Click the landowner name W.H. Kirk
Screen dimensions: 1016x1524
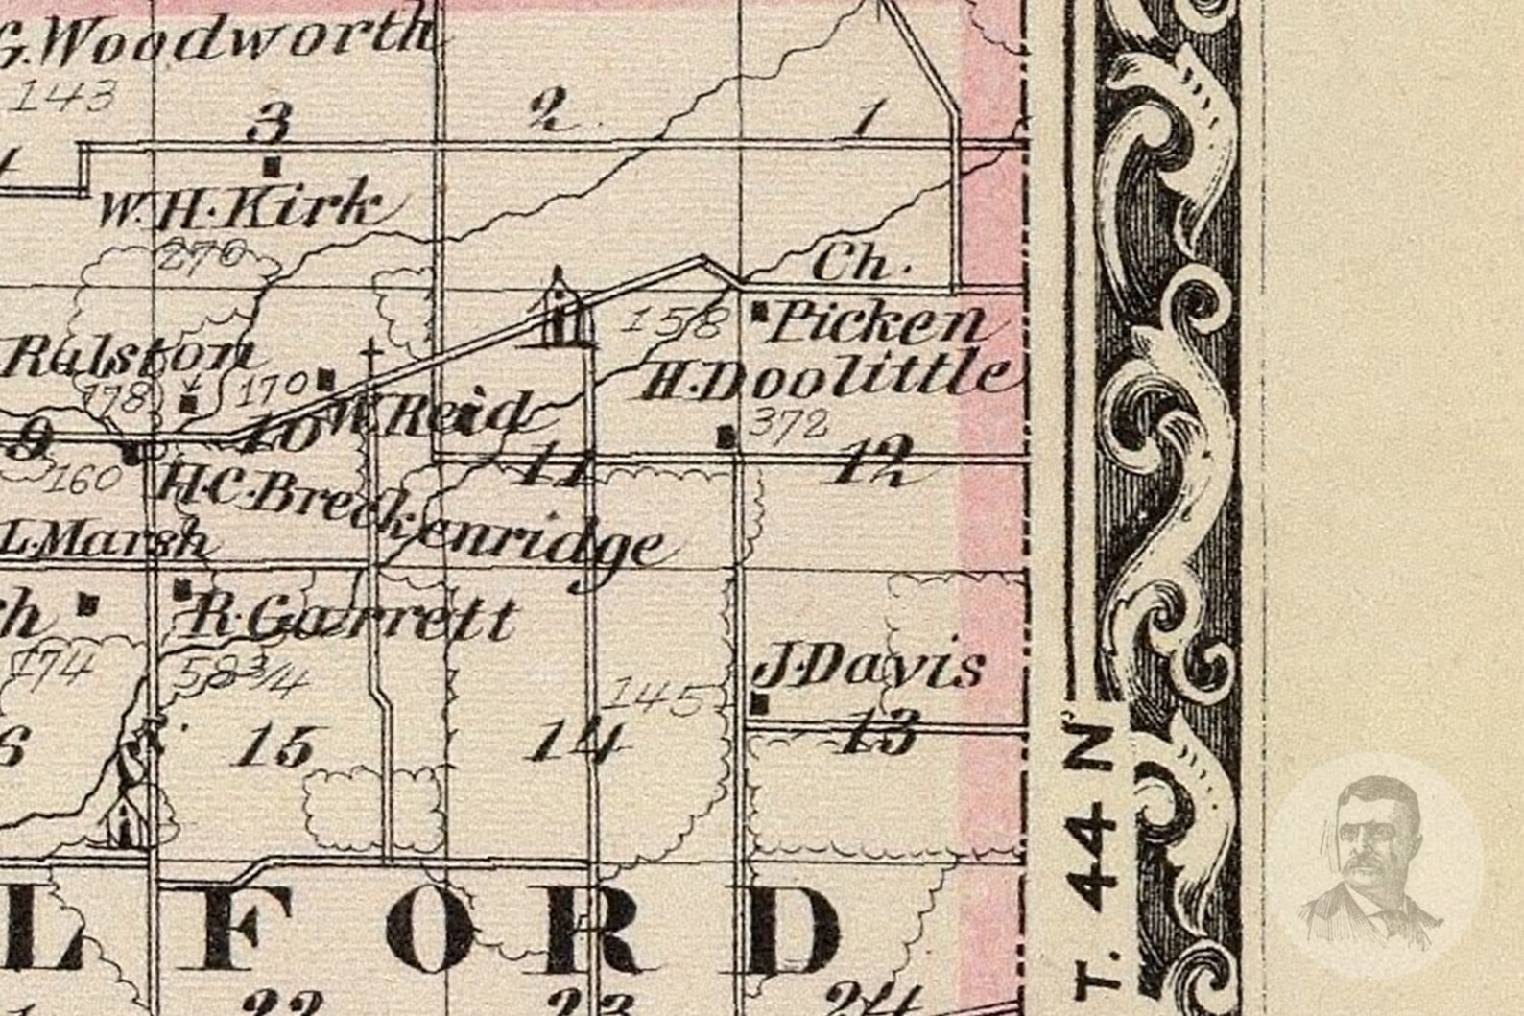240,205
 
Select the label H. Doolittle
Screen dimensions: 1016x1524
824,377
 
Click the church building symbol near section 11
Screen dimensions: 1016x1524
560,310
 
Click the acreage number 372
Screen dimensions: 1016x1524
789,422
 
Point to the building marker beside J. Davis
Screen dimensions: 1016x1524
760,703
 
